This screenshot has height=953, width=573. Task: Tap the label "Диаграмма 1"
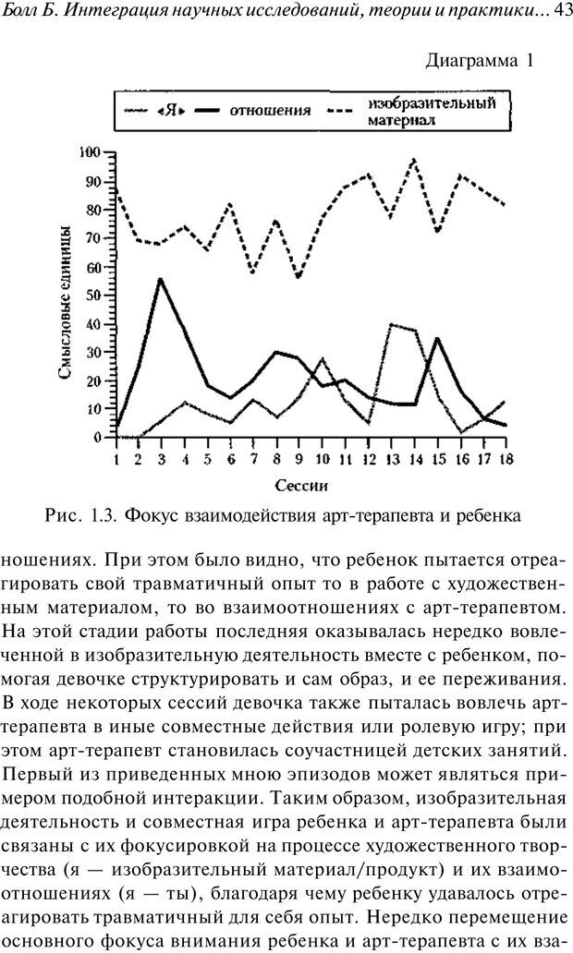point(480,62)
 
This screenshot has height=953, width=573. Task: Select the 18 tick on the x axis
point(504,457)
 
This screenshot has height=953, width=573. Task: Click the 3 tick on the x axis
point(162,457)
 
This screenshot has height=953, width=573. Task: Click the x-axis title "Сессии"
point(301,484)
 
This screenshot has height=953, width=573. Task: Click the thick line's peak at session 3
point(162,278)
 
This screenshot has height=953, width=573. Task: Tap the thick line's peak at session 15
point(436,338)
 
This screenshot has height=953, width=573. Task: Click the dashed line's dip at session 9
point(298,277)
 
